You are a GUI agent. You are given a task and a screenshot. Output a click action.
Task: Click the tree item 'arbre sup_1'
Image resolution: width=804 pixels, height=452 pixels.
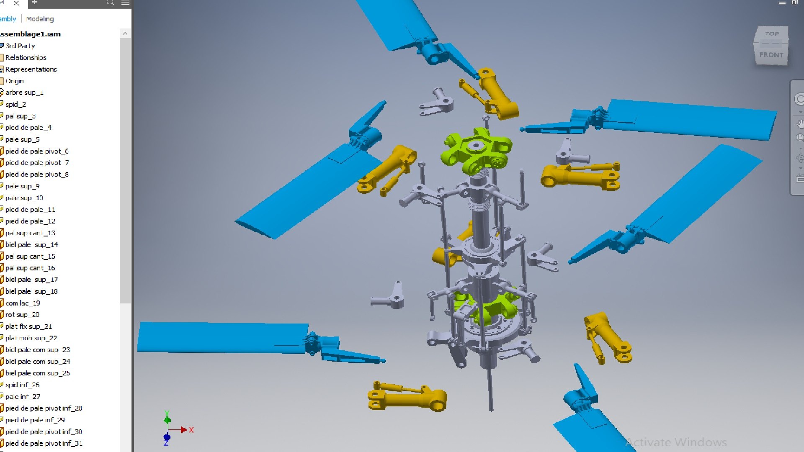coord(24,92)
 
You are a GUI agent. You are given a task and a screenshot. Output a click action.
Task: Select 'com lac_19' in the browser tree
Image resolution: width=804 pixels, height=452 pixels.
coord(23,303)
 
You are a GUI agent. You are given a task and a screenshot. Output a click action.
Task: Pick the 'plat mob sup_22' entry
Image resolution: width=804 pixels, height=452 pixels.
coord(31,338)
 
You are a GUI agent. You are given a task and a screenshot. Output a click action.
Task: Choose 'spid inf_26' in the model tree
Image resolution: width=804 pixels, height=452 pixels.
coord(22,385)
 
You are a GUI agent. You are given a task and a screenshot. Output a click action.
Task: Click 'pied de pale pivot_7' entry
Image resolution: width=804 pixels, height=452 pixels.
coord(37,163)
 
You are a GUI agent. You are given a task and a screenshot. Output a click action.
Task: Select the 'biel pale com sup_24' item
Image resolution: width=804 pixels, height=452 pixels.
coord(38,362)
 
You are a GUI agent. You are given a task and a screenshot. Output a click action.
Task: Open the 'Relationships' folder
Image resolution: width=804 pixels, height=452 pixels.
coord(26,57)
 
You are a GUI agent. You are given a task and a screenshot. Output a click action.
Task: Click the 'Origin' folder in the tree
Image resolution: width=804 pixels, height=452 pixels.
coord(14,81)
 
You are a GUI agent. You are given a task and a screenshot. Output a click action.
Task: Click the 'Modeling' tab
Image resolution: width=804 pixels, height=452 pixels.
coord(40,19)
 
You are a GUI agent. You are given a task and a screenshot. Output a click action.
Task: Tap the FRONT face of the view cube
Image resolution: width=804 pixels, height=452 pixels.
coord(771,55)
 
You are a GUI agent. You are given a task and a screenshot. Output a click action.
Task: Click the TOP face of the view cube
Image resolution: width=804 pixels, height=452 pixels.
coord(772,34)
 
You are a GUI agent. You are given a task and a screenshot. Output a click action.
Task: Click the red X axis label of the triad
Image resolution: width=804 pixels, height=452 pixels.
coord(191,430)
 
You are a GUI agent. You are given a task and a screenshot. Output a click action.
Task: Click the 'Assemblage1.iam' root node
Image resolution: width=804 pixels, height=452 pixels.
coord(30,34)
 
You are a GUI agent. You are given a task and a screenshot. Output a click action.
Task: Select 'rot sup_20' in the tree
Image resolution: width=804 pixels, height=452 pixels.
coord(22,315)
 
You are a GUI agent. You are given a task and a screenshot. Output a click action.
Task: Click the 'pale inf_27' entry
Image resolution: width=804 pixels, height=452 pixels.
coord(23,396)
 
